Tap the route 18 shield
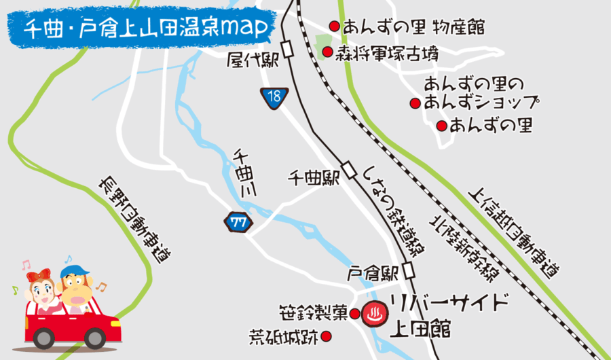tap(273, 97)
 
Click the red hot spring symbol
tap(372, 313)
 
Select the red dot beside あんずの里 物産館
tap(334, 26)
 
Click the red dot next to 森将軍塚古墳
tap(327, 52)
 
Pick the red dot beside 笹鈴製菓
tap(354, 313)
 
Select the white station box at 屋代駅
tap(289, 50)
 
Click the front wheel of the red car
tap(44, 337)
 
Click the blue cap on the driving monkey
tap(74, 271)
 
